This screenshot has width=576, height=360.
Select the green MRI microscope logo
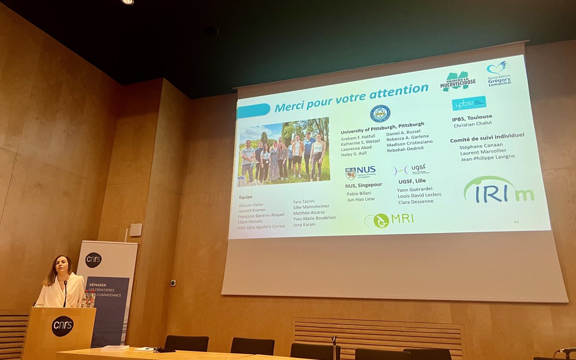pos(389,220)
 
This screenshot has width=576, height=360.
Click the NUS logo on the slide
pos(360,172)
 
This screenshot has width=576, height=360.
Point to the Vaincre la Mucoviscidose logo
pos(458,82)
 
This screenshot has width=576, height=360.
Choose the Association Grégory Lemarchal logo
pos(499,72)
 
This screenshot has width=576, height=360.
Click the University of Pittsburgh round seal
pos(380,114)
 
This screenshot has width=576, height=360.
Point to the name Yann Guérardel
pos(415,189)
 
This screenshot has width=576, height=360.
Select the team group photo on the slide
pos(284,151)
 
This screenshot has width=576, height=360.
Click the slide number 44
pos(516,222)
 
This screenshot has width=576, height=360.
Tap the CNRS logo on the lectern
pos(62,326)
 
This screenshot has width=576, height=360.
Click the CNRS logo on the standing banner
pos(94,260)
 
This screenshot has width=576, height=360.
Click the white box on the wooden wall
pos(135,230)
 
